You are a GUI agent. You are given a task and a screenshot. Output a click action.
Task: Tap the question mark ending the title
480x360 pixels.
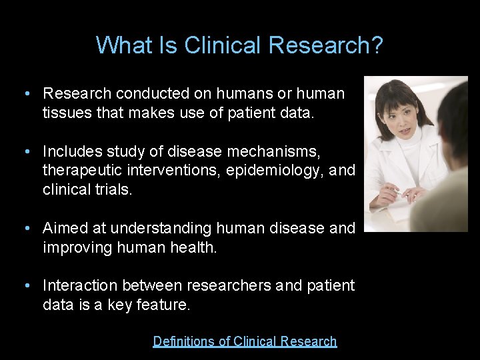tap(377, 45)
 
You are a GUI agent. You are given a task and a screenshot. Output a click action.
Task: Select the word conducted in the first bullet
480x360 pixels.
tap(146, 94)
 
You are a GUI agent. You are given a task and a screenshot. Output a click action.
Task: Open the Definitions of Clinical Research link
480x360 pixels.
tap(245, 341)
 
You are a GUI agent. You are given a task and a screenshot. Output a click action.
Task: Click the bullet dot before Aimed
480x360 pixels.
tap(25, 229)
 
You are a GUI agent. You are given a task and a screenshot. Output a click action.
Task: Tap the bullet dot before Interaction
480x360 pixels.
tap(25, 286)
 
